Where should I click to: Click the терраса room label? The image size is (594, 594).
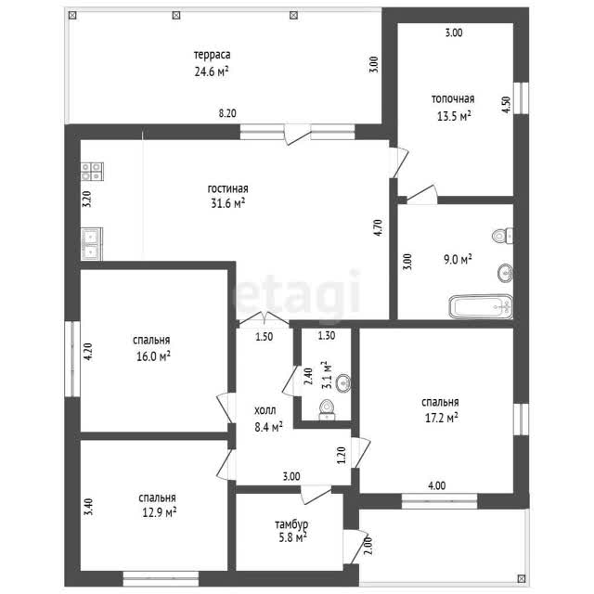click(212, 56)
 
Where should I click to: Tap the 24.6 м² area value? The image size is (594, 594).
click(212, 71)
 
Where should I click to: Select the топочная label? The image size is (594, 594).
click(453, 99)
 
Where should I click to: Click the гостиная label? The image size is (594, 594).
click(227, 188)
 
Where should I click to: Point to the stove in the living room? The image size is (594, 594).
click(92, 172)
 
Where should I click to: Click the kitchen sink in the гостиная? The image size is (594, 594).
click(92, 244)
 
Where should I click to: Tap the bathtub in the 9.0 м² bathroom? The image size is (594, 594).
click(481, 306)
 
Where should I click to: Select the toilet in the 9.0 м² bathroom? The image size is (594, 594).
click(502, 236)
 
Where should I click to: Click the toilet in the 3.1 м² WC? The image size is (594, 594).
click(327, 410)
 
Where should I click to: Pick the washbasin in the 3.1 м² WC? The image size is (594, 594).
click(343, 383)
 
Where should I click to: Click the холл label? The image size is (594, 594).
click(265, 410)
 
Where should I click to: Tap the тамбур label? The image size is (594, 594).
click(291, 524)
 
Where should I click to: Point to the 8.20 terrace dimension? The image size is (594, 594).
click(227, 113)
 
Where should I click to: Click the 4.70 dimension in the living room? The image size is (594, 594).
click(378, 228)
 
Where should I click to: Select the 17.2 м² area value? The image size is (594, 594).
click(442, 418)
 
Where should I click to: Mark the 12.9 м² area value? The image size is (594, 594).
click(159, 512)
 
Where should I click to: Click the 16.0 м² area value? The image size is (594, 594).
click(153, 356)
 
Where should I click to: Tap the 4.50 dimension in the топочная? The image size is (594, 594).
click(506, 105)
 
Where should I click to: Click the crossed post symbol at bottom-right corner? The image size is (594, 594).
click(522, 578)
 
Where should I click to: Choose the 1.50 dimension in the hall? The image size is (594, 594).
click(264, 336)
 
